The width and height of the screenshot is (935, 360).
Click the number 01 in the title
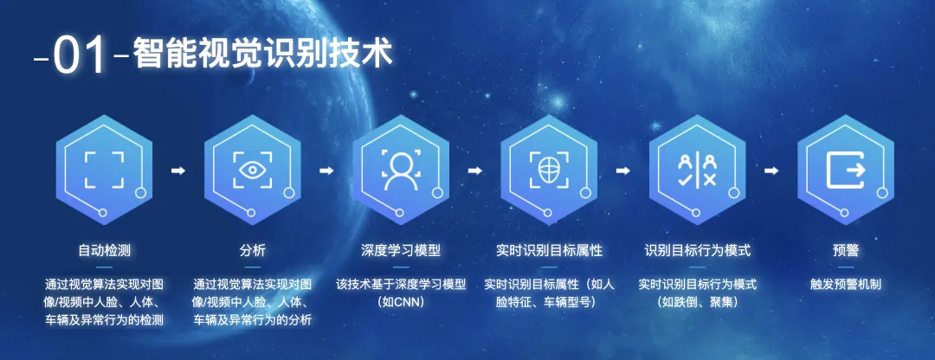pyautogui.click(x=81, y=55)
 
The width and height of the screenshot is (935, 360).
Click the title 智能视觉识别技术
pyautogui.click(x=263, y=53)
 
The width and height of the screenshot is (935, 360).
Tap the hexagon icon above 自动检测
pyautogui.click(x=104, y=170)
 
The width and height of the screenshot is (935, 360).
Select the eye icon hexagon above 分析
pyautogui.click(x=253, y=170)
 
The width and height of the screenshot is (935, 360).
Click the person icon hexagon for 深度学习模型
pyautogui.click(x=401, y=170)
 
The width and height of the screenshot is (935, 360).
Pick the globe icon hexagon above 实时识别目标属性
pyautogui.click(x=549, y=170)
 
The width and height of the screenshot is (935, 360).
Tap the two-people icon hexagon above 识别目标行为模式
pyautogui.click(x=697, y=170)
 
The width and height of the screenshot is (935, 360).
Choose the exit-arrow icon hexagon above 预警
pyautogui.click(x=845, y=170)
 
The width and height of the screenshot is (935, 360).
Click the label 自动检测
pyautogui.click(x=104, y=250)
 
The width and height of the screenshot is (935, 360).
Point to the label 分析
pyautogui.click(x=253, y=250)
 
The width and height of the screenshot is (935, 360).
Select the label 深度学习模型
pyautogui.click(x=401, y=250)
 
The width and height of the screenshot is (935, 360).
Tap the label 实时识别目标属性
pyautogui.click(x=549, y=250)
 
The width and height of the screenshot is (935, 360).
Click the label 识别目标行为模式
pyautogui.click(x=697, y=250)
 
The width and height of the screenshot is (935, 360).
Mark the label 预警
pyautogui.click(x=845, y=250)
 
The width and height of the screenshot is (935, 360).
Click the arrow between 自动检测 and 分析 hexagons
pyautogui.click(x=178, y=170)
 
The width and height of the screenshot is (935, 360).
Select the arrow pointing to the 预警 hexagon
pyautogui.click(x=771, y=170)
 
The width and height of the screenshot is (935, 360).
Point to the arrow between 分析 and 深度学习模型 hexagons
pyautogui.click(x=326, y=170)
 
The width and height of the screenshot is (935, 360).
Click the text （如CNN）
pyautogui.click(x=401, y=302)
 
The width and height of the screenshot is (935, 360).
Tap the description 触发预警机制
pyautogui.click(x=845, y=284)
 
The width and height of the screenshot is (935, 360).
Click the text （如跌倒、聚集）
pyautogui.click(x=697, y=302)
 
